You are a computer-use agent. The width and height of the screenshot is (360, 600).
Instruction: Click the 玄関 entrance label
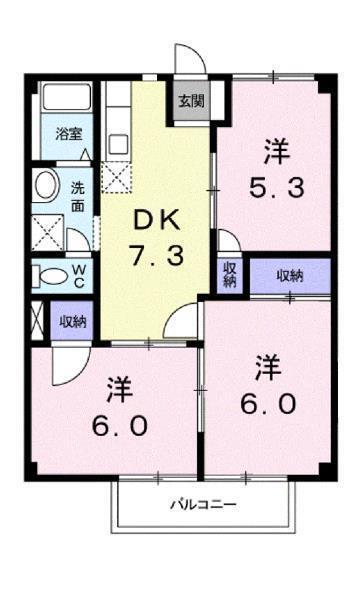pyautogui.click(x=191, y=100)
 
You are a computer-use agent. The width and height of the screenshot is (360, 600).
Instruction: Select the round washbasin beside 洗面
pyautogui.click(x=44, y=185)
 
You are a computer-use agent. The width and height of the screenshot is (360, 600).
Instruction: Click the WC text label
pyautogui.click(x=79, y=274)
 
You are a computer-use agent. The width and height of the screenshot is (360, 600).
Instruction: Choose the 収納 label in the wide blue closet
pyautogui.click(x=289, y=275)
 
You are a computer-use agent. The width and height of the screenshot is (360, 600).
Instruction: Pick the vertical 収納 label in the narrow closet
pyautogui.click(x=229, y=275)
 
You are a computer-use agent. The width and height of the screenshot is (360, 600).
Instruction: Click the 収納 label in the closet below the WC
pyautogui.click(x=73, y=322)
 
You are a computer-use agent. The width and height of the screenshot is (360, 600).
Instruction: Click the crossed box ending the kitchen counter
pyautogui.click(x=116, y=179)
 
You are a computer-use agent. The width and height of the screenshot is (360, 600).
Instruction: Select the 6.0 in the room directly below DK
pyautogui.click(x=122, y=424)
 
